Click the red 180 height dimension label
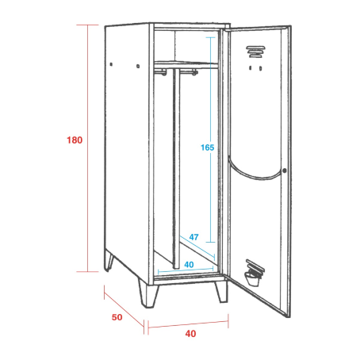[75, 140]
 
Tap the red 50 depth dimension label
[117, 317]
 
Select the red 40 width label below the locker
[190, 334]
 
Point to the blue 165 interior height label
[208, 147]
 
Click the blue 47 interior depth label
[193, 237]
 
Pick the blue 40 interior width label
[189, 264]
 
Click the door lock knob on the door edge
[285, 170]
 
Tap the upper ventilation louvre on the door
[255, 52]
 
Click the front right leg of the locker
[221, 292]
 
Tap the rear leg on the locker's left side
[109, 261]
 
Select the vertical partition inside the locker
[176, 168]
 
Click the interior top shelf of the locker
[186, 64]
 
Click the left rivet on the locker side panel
[111, 64]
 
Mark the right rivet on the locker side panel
[138, 66]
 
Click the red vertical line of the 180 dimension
[88, 148]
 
